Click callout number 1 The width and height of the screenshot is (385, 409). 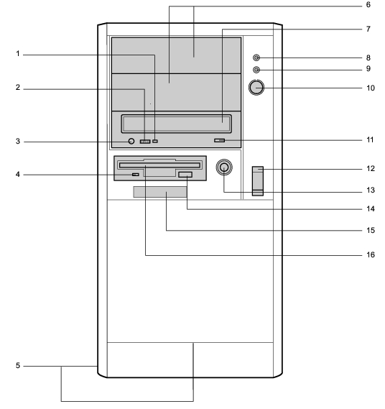pos(18,54)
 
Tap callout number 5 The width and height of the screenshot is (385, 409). pos(18,365)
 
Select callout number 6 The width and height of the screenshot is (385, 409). pos(368,5)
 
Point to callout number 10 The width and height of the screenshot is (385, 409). pos(371,88)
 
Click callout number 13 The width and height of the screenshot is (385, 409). pos(371,190)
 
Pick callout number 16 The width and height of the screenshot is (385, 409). pos(371,254)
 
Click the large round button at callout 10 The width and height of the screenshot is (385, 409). pos(256,88)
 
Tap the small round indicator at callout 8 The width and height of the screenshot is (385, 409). pos(256,58)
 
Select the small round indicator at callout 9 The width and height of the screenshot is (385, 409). pos(256,70)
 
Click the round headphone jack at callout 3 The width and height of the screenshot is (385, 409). pos(131,141)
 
